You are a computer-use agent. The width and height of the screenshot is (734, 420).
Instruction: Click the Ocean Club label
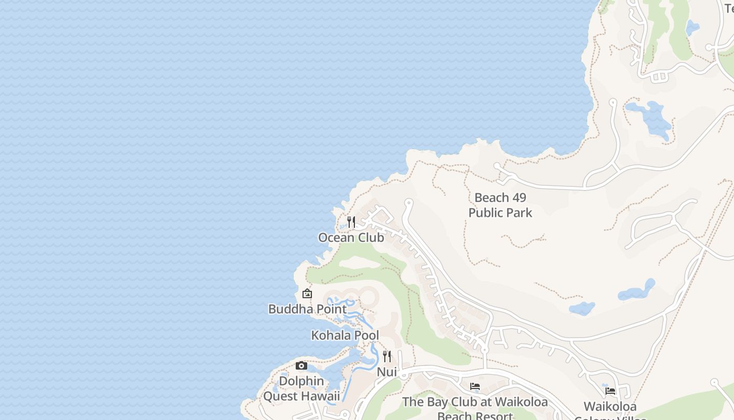tap(351, 237)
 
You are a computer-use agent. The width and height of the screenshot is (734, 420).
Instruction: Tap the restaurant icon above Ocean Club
tap(351, 222)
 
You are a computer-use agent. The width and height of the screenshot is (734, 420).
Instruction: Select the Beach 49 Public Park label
tap(500, 205)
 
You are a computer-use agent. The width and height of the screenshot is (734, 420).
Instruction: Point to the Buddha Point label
tap(307, 309)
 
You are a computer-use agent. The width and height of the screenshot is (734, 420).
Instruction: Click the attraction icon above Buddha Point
tap(307, 293)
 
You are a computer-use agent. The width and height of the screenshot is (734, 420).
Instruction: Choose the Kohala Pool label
tap(345, 335)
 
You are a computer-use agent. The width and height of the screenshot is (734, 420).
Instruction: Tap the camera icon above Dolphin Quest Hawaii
tap(301, 365)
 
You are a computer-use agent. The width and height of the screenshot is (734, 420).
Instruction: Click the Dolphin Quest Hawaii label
tap(301, 388)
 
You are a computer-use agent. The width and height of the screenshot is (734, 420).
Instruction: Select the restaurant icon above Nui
tap(387, 356)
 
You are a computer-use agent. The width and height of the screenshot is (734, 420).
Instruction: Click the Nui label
tap(387, 372)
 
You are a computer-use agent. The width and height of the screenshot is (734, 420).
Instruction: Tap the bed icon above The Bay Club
tap(475, 386)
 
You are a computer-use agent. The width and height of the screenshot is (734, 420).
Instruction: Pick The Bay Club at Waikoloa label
tap(475, 402)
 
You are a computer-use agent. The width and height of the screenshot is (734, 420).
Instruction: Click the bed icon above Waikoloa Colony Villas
tap(610, 391)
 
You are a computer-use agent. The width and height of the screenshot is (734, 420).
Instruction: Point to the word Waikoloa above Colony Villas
tap(610, 406)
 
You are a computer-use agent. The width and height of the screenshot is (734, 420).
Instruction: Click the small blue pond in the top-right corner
tap(692, 27)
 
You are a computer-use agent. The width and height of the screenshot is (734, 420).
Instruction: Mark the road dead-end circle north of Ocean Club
tap(409, 202)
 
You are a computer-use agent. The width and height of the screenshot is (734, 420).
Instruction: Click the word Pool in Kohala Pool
tap(367, 335)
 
